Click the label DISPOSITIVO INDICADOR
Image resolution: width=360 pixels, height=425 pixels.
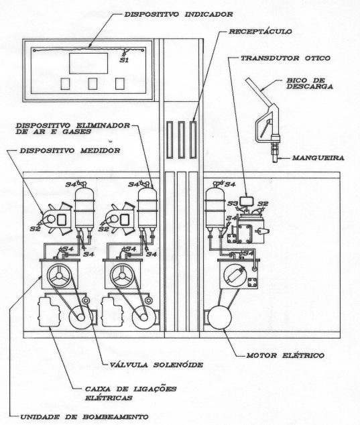[178, 14]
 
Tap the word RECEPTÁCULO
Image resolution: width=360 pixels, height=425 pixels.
[260, 32]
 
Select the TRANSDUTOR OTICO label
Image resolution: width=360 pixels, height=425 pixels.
[286, 58]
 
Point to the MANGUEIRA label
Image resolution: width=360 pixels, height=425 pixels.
[318, 158]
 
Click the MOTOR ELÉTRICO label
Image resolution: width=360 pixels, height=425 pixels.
[285, 355]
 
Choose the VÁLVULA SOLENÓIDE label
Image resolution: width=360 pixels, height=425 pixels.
[156, 365]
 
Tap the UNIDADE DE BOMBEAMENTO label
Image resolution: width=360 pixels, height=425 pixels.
[84, 417]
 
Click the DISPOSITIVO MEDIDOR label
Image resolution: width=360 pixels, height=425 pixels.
[70, 150]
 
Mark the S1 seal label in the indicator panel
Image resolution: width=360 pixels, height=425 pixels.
[124, 60]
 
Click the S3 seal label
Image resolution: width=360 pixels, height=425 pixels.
[233, 204]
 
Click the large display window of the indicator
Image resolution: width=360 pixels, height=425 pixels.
[88, 63]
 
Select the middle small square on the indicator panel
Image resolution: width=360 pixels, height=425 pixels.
[93, 84]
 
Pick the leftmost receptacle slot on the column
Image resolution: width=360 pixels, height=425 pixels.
[170, 139]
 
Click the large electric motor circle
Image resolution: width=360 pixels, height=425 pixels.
[220, 317]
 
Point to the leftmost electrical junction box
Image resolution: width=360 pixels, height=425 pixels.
[49, 312]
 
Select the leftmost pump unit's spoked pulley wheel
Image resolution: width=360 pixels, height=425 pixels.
[59, 276]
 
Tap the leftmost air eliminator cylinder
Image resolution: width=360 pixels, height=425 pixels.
[84, 208]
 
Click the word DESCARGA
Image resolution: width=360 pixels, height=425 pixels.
[310, 86]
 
